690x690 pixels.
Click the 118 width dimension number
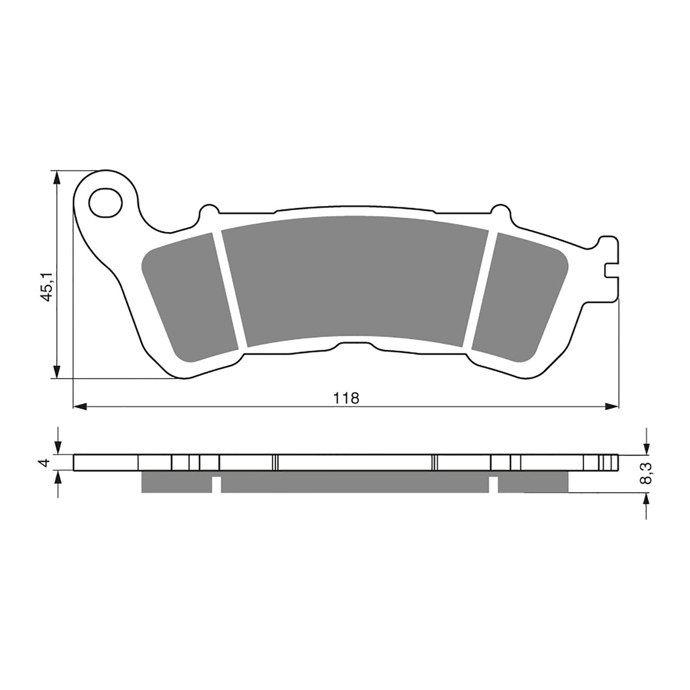click(x=347, y=397)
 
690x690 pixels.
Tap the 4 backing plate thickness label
click(x=46, y=462)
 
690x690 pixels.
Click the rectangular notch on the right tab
click(x=612, y=270)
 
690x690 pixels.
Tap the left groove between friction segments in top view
click(x=229, y=289)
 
